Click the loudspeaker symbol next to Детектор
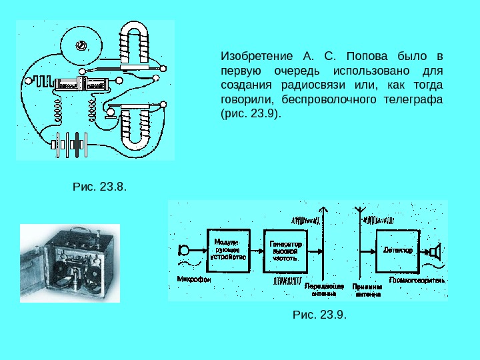[435, 252]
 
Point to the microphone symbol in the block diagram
[182, 251]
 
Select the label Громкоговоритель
[418, 281]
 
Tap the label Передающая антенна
[324, 289]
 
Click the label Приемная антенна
[367, 289]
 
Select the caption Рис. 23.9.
[320, 314]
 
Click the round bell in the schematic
[81, 46]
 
